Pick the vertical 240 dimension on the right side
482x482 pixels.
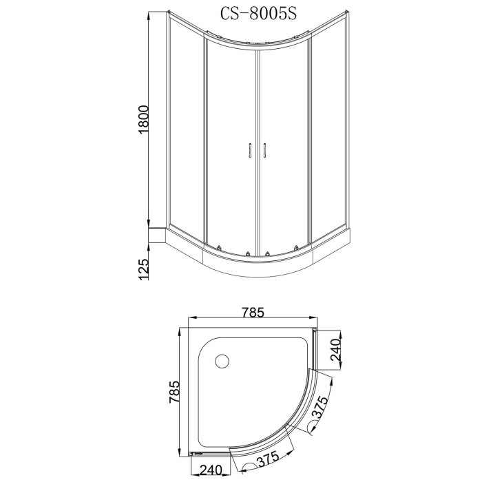click(335, 350)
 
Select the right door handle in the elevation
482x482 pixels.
click(264, 150)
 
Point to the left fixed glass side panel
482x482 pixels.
click(186, 131)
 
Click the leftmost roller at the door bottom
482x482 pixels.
click(217, 249)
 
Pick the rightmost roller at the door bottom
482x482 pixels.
click(297, 249)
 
